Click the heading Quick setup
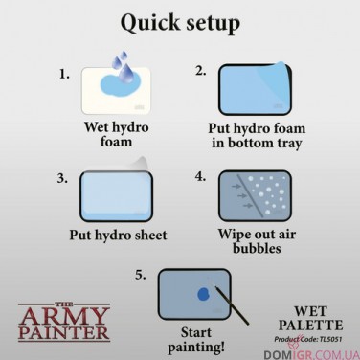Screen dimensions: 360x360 click(179, 21)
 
